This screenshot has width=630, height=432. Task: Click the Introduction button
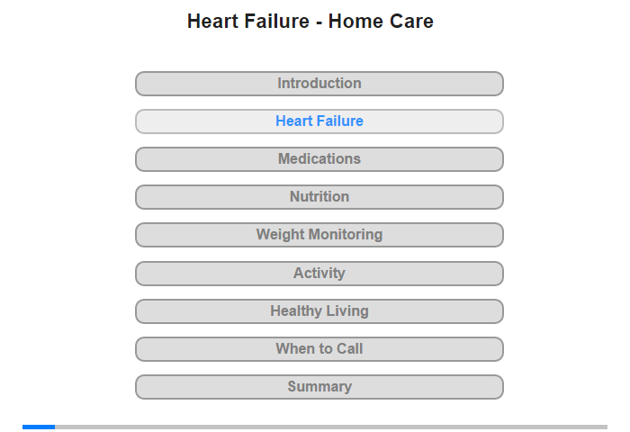pyautogui.click(x=319, y=84)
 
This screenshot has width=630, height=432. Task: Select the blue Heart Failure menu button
pyautogui.click(x=319, y=121)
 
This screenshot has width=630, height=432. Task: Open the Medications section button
pyautogui.click(x=319, y=159)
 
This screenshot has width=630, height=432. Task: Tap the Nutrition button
pyautogui.click(x=319, y=197)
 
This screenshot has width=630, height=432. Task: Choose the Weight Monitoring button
pyautogui.click(x=319, y=235)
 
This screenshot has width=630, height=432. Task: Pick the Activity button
pyautogui.click(x=319, y=274)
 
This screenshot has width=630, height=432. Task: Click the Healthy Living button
pyautogui.click(x=319, y=311)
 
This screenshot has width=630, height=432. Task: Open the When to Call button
pyautogui.click(x=319, y=349)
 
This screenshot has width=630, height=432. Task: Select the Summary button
pyautogui.click(x=319, y=387)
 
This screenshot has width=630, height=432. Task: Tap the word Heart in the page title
pyautogui.click(x=212, y=22)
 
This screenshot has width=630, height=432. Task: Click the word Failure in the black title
pyautogui.click(x=276, y=22)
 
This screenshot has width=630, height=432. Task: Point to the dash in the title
pyautogui.click(x=319, y=23)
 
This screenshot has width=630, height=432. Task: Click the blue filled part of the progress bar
pyautogui.click(x=39, y=427)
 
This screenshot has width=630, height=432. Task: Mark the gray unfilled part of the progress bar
pyautogui.click(x=331, y=427)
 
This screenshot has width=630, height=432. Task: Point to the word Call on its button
pyautogui.click(x=349, y=349)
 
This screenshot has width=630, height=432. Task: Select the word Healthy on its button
pyautogui.click(x=296, y=311)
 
